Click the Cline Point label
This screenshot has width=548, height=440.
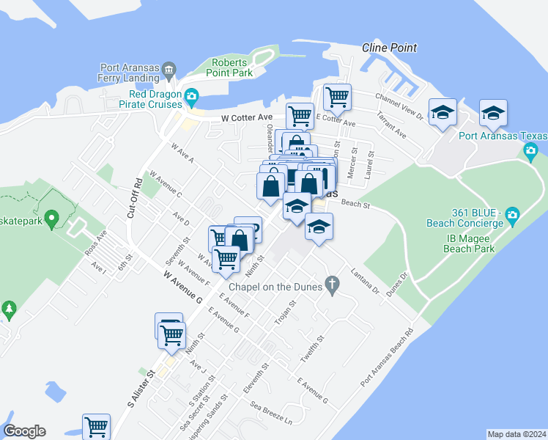coord(389,48)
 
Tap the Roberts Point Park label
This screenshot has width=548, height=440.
coord(232,67)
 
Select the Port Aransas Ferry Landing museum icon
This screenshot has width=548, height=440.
coord(169,70)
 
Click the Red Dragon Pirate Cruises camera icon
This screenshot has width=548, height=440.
coord(191,95)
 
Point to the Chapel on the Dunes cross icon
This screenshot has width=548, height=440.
coord(333,283)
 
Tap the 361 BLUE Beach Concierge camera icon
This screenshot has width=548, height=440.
coord(512,214)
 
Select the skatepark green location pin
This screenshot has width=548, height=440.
coord(51,219)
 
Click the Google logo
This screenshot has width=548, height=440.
coord(24,431)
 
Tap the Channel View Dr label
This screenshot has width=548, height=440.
coord(399,106)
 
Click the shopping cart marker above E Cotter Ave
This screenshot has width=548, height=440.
coord(336,96)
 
